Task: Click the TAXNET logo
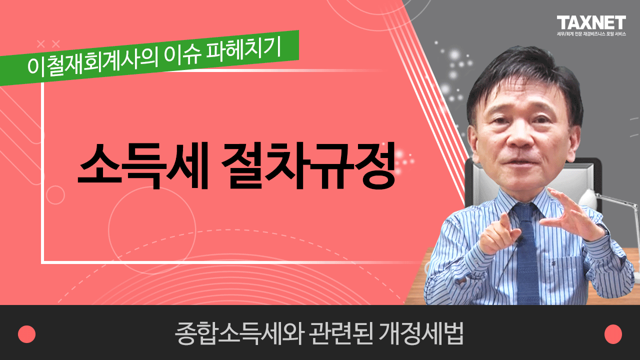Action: (x=591, y=22)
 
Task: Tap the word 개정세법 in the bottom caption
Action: (x=421, y=333)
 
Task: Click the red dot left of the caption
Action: (x=26, y=334)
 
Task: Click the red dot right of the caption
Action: (x=613, y=334)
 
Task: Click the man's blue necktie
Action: (x=527, y=254)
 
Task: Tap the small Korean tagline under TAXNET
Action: (x=591, y=34)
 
